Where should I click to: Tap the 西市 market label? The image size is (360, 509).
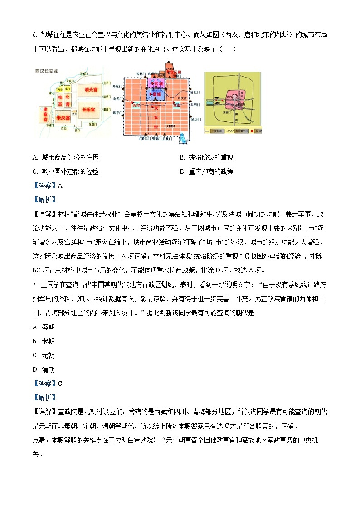136,105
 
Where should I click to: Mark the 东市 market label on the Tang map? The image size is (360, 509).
176,105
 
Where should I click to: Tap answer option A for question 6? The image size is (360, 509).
66,158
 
